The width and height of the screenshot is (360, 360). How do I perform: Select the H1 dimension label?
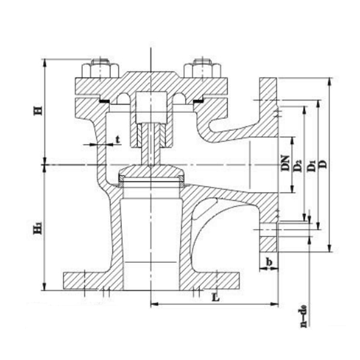pos(37,229)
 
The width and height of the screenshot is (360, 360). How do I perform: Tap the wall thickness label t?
pos(118,139)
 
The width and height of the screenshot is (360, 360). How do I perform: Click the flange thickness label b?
pos(270,262)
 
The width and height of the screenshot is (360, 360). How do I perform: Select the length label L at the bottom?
pos(214,296)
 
